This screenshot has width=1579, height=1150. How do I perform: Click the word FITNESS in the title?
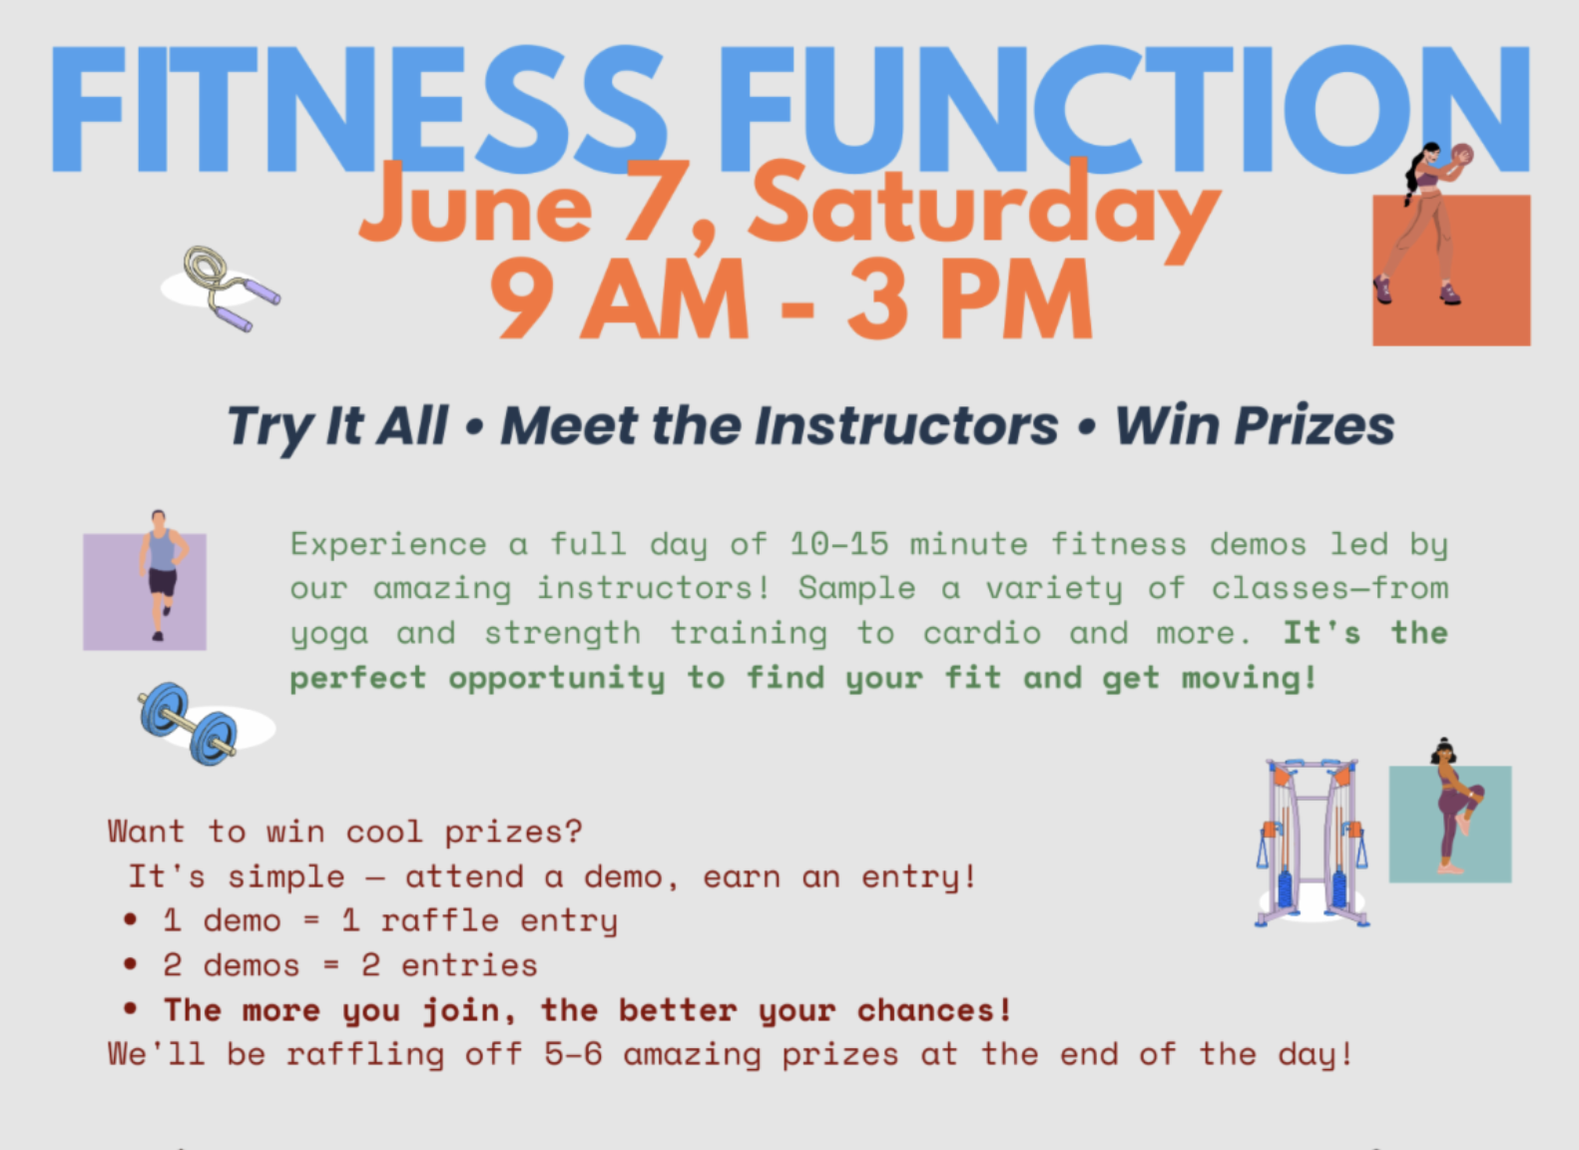coord(358,109)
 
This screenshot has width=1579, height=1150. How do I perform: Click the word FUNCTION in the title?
coord(1125,109)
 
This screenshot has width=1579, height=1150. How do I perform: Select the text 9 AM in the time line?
coord(618,298)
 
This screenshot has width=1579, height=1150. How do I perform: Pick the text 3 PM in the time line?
coord(969,298)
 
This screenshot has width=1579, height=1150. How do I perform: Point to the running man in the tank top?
coord(161,575)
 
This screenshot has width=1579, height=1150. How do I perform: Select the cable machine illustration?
coord(1313,843)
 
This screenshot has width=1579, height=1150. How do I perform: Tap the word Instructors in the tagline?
coord(906,426)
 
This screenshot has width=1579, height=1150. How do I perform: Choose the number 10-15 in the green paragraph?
coord(838,544)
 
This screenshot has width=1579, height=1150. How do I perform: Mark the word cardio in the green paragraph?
coord(982,633)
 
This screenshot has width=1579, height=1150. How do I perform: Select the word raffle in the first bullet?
coord(440,920)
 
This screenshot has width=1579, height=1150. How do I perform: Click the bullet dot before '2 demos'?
coord(131,964)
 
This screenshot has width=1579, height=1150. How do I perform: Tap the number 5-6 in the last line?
coord(573,1055)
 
